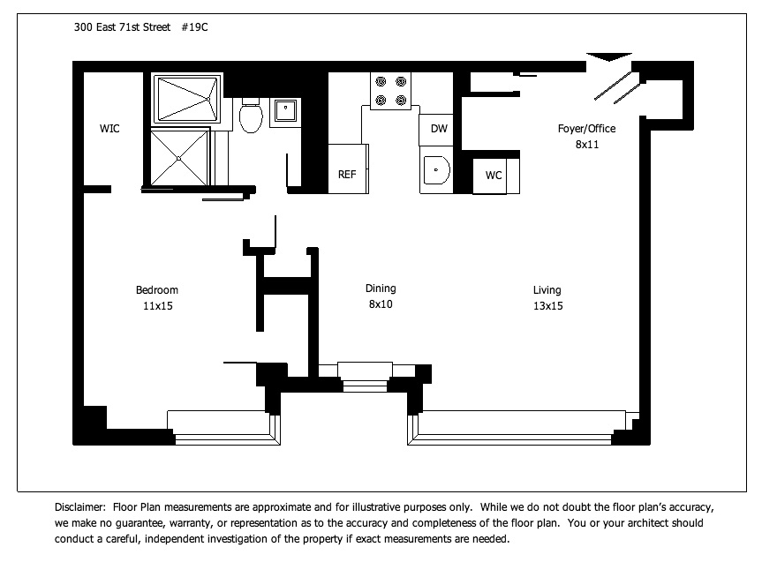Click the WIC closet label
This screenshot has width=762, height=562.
109,129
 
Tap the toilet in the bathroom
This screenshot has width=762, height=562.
251,115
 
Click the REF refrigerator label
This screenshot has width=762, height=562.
347,175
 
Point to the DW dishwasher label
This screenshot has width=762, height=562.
439,129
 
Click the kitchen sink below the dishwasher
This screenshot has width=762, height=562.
436,170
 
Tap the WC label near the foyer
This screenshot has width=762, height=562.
494,176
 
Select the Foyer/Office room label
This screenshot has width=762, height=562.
586,129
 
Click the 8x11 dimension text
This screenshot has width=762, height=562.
587,145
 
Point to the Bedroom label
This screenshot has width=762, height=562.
157,290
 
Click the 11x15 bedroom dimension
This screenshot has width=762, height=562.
158,306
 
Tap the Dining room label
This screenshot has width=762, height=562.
381,288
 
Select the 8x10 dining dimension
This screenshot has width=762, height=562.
381,304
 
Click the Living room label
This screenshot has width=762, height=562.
547,290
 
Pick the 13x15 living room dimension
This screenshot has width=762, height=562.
548,306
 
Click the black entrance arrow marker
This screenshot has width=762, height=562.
609,56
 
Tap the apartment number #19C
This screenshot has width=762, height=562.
194,27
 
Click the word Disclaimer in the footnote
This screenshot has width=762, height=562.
79,507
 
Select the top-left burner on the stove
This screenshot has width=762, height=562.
381,81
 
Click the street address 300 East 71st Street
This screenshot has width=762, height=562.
122,27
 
